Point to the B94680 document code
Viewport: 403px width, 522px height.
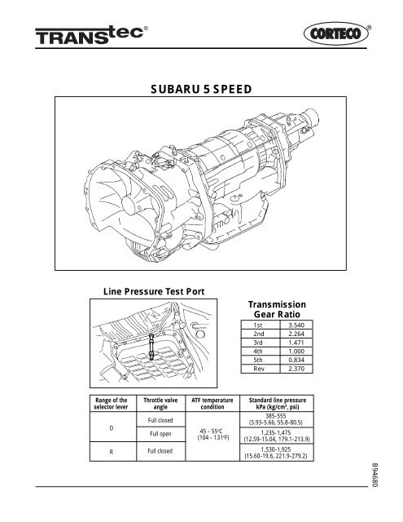[x=374, y=482]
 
